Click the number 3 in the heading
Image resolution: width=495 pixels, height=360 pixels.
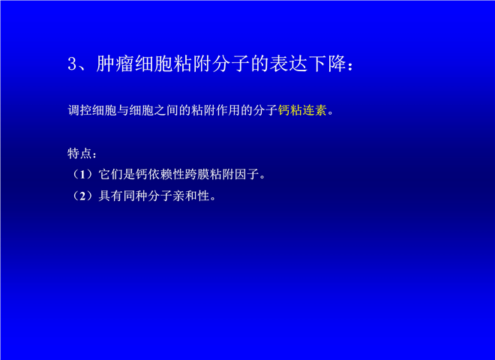[x=72, y=64]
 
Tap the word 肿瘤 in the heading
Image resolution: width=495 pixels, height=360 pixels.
[x=115, y=64]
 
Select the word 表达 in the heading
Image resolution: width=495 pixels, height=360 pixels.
[x=288, y=64]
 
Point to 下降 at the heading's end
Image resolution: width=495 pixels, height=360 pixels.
[x=327, y=64]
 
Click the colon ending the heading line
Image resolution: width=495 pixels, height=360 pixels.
[x=350, y=66]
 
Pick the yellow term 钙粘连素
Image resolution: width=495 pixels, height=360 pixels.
[x=302, y=110]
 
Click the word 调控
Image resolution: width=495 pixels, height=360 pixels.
[x=79, y=110]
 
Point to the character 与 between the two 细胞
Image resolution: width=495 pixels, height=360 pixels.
[x=123, y=110]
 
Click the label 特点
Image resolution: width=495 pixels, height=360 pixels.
[x=79, y=154]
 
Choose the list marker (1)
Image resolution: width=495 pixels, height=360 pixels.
[x=82, y=174]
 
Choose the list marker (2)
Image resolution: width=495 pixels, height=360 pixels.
[x=82, y=196]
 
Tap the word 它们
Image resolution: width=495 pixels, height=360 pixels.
[x=110, y=174]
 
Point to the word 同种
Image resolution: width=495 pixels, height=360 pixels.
[x=136, y=196]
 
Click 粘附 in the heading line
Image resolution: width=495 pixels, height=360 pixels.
[x=192, y=64]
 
